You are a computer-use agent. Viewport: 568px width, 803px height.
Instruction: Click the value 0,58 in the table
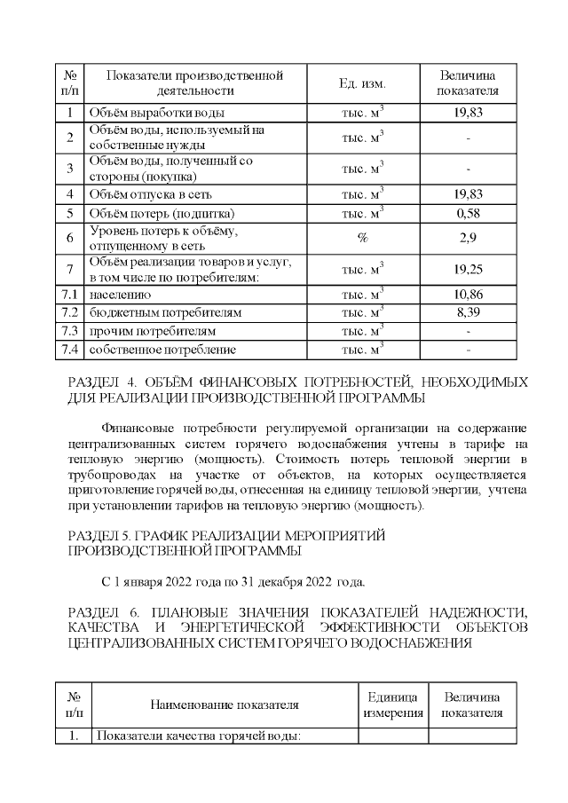(468, 214)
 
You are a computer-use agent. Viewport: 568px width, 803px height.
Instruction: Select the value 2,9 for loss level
(468, 238)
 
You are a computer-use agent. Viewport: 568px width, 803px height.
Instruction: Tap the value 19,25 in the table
(468, 269)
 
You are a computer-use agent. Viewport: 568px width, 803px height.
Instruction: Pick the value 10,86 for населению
(468, 294)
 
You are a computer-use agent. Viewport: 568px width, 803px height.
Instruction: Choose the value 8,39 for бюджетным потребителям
(468, 312)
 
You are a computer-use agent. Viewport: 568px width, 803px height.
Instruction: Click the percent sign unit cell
(362, 238)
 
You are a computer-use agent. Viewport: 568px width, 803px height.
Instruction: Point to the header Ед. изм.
(362, 83)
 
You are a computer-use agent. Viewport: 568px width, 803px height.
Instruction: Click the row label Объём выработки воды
(156, 113)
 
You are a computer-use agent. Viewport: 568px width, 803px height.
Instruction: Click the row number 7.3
(69, 331)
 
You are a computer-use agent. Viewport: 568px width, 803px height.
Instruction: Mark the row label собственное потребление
(162, 350)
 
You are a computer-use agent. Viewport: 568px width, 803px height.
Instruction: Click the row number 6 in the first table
(69, 238)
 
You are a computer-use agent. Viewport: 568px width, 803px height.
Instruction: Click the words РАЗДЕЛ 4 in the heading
(100, 382)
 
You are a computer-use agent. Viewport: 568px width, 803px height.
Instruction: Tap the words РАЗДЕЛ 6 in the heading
(101, 612)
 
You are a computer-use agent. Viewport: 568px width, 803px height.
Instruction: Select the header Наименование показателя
(224, 705)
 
